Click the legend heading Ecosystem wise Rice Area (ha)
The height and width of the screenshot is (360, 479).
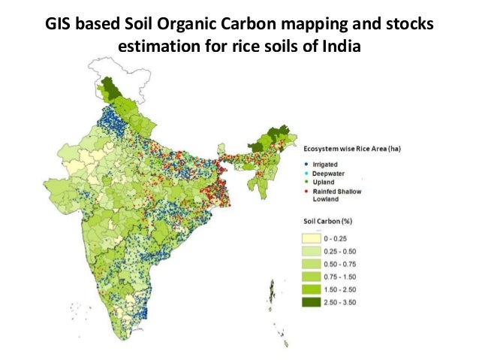(x=351, y=149)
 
